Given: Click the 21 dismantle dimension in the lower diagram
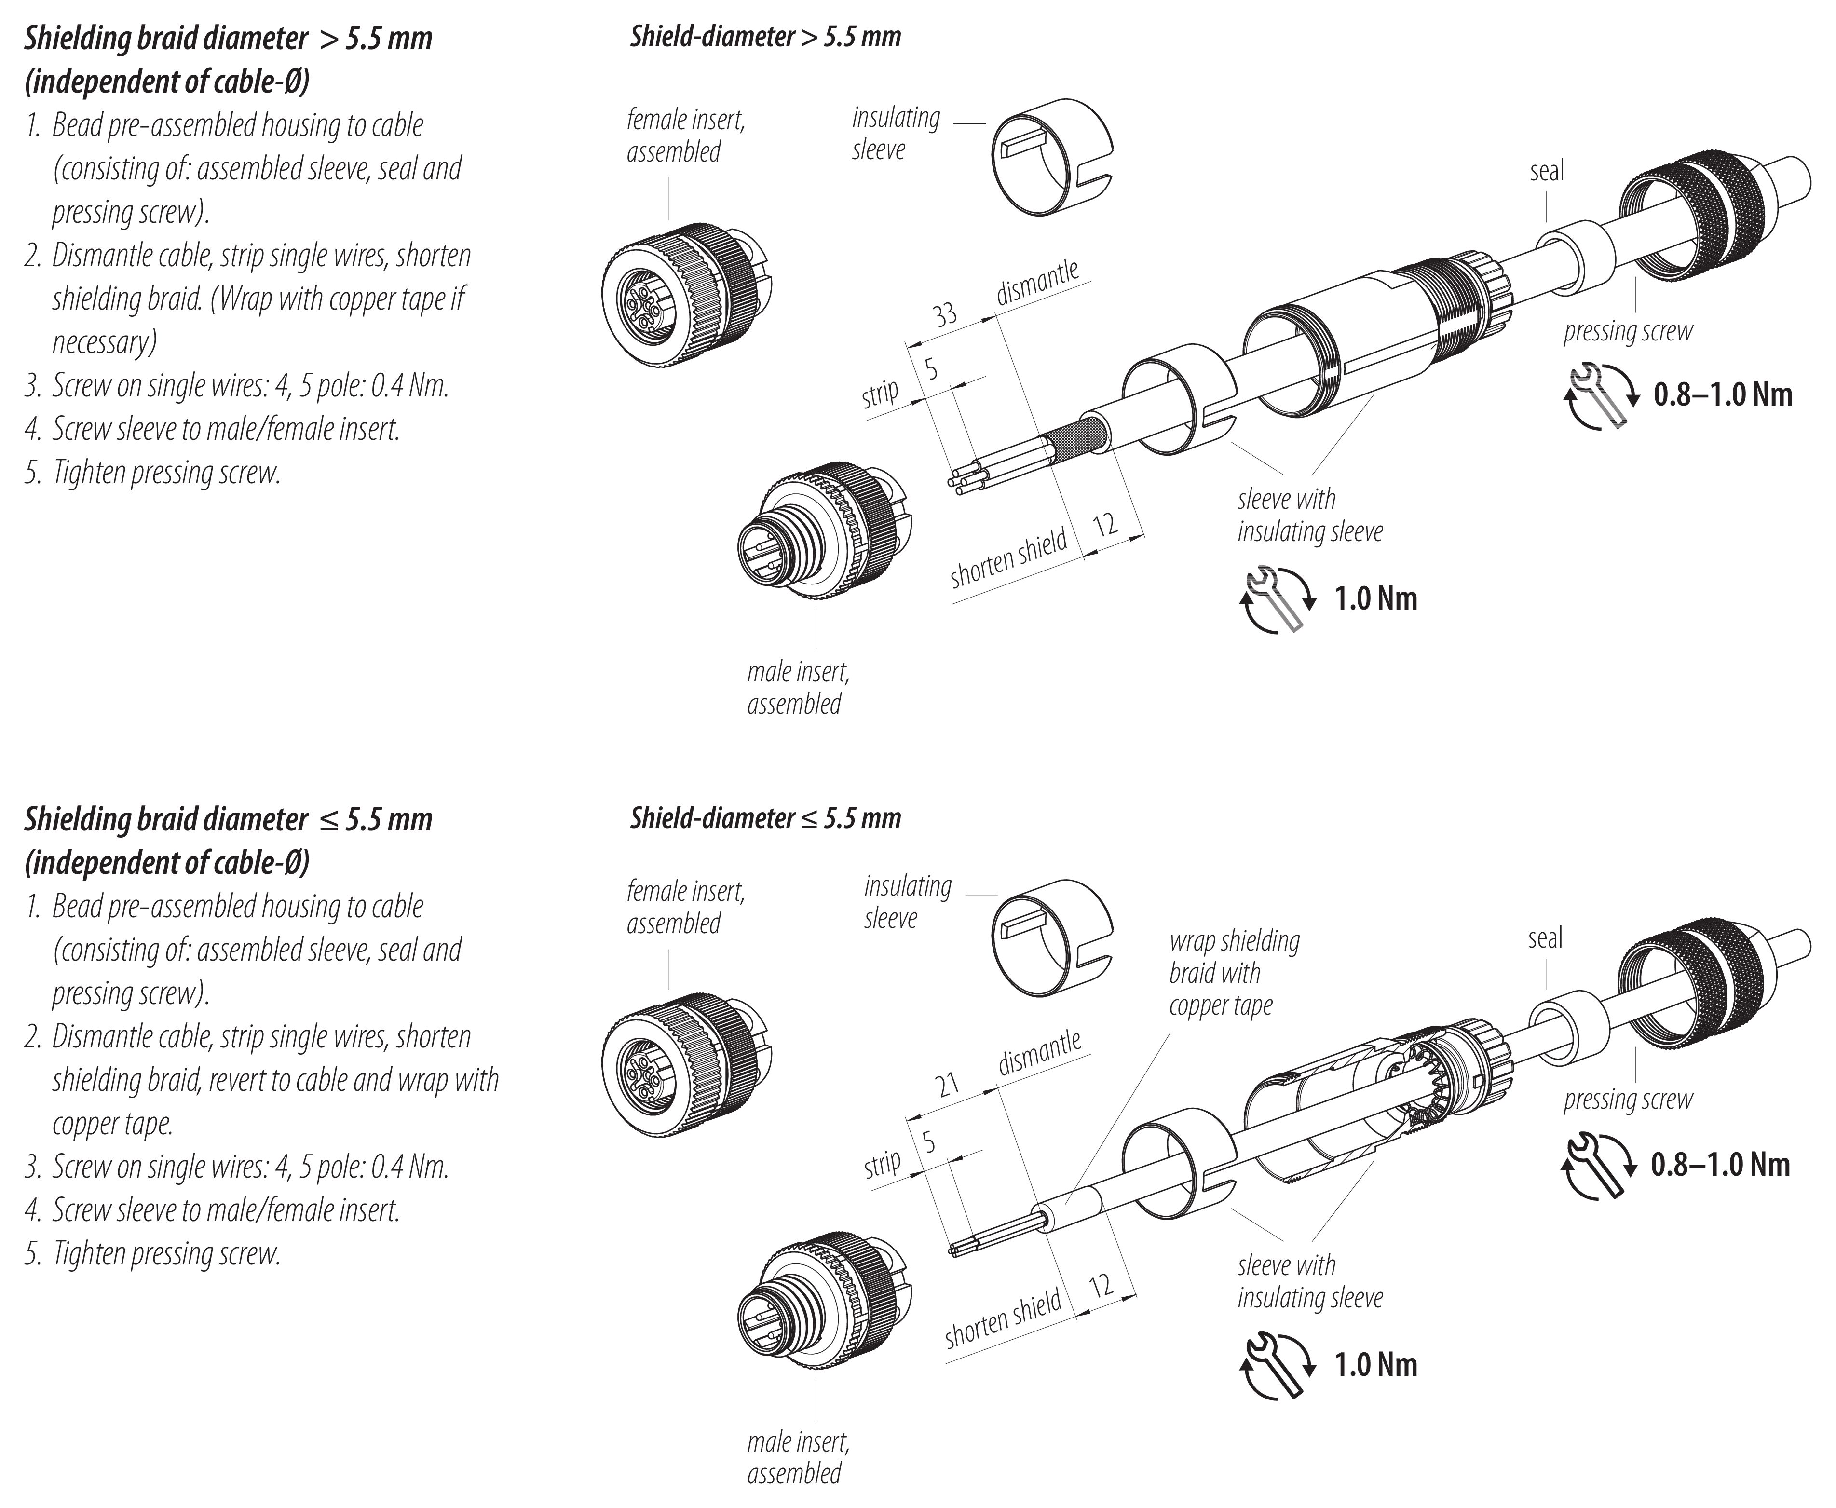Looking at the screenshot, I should pos(947,1084).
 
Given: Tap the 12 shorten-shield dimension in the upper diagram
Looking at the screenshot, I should pos(1105,525).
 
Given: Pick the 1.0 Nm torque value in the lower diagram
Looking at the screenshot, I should pos(1376,1365).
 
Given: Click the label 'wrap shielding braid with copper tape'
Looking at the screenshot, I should pos(1233,973).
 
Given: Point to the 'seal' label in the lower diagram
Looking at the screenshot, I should pos(1545,938).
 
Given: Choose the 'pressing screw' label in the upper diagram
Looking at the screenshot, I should pos(1628,331).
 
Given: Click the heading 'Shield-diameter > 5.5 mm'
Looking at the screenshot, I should pos(765,37).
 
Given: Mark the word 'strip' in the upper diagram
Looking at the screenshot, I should pos(880,394).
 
